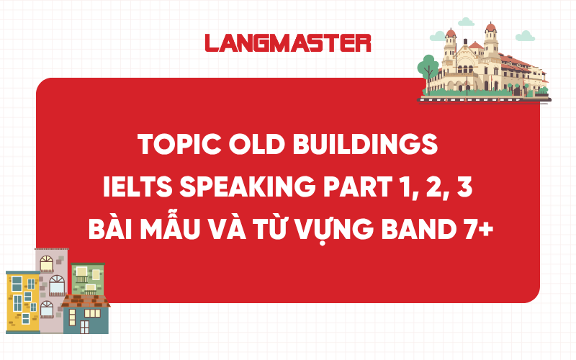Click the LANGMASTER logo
pyautogui.click(x=288, y=42)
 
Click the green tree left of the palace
pyautogui.click(x=428, y=67)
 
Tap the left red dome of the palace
pyautogui.click(x=451, y=33)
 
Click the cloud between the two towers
pyautogui.click(x=468, y=22)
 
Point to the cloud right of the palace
pyautogui.click(x=526, y=35)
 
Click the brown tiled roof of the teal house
pyautogui.click(x=86, y=300)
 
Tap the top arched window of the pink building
pyautogui.click(x=47, y=261)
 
